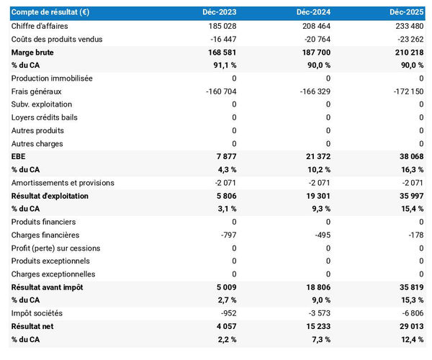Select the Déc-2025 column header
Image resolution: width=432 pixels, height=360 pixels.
pyautogui.click(x=407, y=13)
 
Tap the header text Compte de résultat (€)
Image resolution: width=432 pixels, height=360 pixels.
pyautogui.click(x=50, y=13)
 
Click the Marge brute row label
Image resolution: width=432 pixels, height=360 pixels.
pyautogui.click(x=32, y=52)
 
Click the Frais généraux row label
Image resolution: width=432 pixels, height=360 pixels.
pyautogui.click(x=37, y=91)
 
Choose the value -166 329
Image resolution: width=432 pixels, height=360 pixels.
pyautogui.click(x=314, y=91)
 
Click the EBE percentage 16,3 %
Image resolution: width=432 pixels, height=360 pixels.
pyautogui.click(x=410, y=170)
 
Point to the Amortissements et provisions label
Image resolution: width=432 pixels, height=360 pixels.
pyautogui.click(x=63, y=183)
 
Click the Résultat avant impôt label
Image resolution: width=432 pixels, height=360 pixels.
pyautogui.click(x=48, y=287)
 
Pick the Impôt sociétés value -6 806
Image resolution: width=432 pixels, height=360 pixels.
pyautogui.click(x=411, y=313)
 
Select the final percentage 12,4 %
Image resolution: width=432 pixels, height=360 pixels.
pyautogui.click(x=410, y=339)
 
